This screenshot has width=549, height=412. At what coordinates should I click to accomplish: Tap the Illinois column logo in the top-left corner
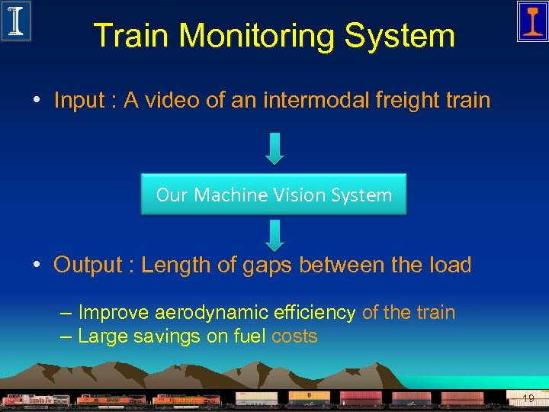point(16,21)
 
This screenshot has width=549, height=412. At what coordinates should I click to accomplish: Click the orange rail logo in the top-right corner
point(531,21)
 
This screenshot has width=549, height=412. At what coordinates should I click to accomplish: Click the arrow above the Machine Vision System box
point(274,148)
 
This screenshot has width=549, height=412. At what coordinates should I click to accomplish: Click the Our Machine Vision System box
point(274,195)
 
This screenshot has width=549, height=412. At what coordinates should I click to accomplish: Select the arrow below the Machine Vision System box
point(274,235)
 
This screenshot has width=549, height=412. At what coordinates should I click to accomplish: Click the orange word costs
point(294,336)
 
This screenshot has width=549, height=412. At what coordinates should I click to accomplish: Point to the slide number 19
point(528,398)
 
